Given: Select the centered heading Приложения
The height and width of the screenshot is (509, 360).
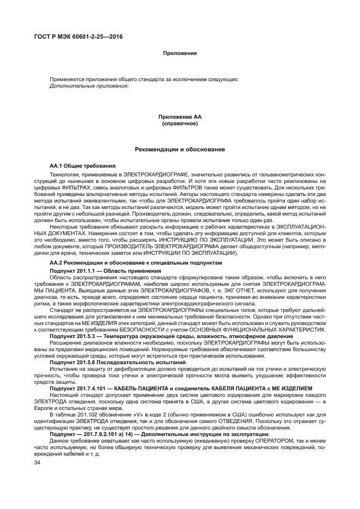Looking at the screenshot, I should pos(179,53).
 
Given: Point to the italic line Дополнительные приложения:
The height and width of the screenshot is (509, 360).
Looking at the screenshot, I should pos(89,85).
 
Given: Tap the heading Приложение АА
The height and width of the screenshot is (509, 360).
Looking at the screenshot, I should pos(180,117).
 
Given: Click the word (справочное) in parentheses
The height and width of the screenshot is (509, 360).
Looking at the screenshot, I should pos(180,124).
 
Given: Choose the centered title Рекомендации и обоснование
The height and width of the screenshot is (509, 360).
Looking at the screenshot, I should pos(180,149).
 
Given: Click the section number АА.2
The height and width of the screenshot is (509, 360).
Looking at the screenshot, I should pos(57,262).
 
